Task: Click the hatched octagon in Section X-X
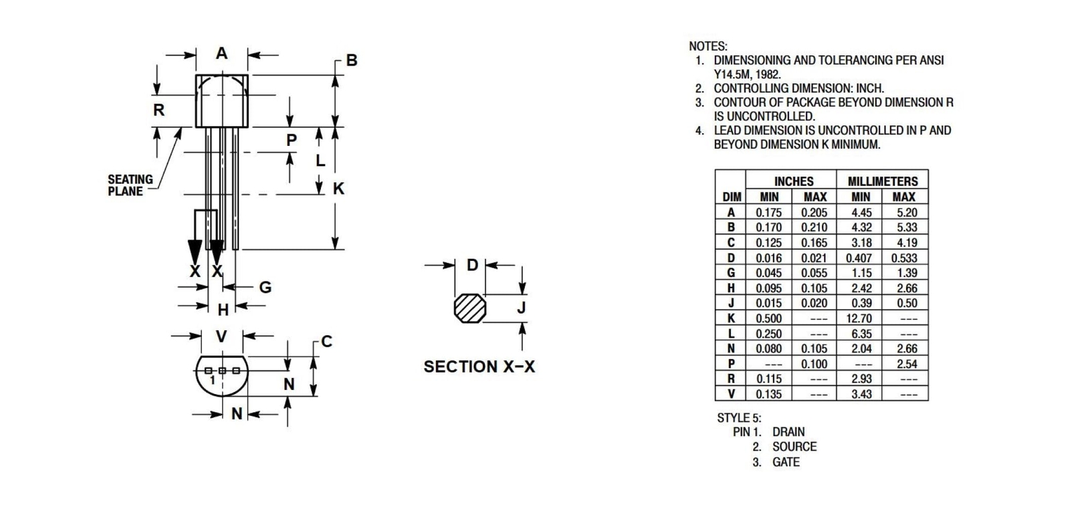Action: [470, 308]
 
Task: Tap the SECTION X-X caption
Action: [479, 367]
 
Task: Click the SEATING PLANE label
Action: [130, 185]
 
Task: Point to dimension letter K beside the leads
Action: [339, 189]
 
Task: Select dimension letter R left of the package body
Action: [158, 110]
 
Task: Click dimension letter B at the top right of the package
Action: [352, 60]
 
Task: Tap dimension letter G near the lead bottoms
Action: [265, 287]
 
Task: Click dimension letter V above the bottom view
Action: [221, 336]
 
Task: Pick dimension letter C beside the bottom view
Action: [327, 342]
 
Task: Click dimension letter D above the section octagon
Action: [472, 265]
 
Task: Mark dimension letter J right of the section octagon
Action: [522, 308]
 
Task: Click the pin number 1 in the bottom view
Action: [212, 380]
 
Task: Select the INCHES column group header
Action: [793, 181]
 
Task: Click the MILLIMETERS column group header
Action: [883, 181]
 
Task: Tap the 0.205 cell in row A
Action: [814, 212]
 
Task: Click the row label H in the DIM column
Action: [731, 288]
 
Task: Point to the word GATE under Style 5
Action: [786, 462]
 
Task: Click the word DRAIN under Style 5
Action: [788, 432]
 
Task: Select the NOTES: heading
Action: [708, 46]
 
